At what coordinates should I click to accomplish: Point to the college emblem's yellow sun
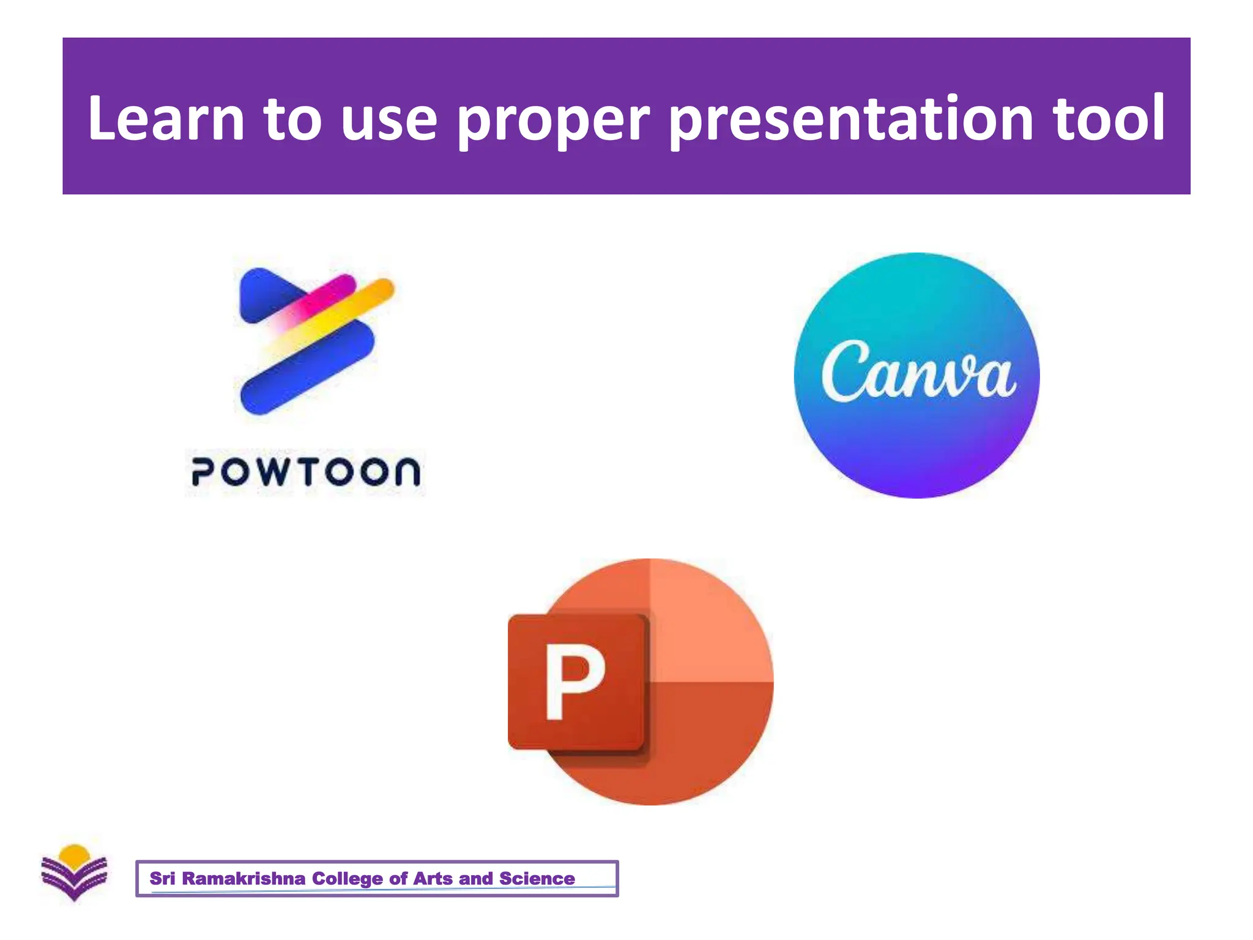75,853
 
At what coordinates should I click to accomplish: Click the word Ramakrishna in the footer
244,879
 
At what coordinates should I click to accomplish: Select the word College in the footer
348,879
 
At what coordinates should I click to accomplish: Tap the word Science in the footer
537,879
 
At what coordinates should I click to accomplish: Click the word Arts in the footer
434,879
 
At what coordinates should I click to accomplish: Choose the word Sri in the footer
162,879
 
